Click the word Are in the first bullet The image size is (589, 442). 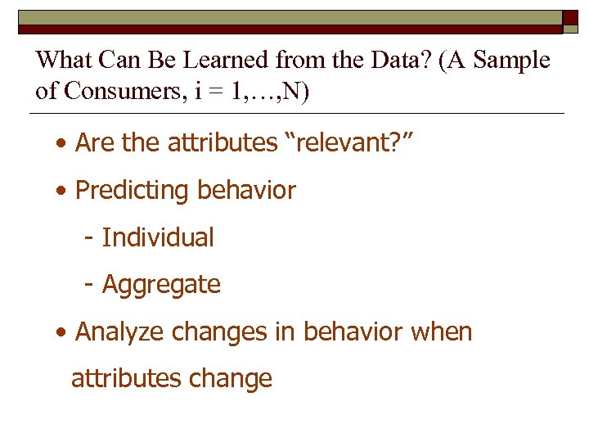pos(95,143)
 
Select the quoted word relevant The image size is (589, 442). pos(346,143)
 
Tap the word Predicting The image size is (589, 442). pos(132,191)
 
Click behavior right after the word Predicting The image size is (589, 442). pos(245,191)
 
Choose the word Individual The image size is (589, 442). pos(158,238)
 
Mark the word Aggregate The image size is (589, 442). pos(161,285)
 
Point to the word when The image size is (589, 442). pos(443,332)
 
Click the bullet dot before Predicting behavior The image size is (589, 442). pos(62,192)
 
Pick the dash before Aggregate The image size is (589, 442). pos(88,285)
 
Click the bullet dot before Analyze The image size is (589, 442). pos(62,333)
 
